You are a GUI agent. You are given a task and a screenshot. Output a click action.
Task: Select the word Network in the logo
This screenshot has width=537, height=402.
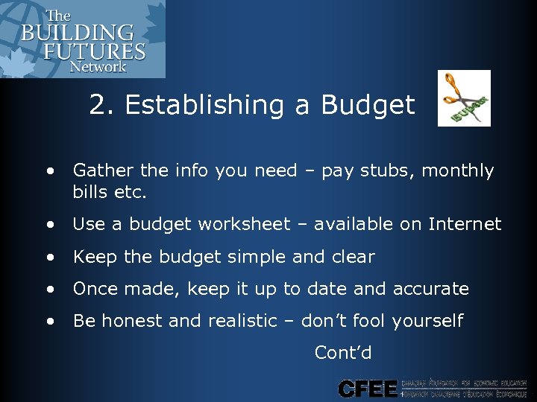[98, 66]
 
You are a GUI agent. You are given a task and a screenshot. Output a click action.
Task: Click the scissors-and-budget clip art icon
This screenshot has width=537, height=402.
[463, 98]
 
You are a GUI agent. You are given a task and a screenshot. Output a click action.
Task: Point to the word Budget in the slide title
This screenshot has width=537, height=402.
[368, 106]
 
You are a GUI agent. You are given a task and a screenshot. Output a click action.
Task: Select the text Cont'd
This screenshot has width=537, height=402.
[343, 353]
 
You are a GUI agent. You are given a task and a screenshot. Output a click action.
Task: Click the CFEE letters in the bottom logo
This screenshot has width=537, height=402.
[367, 389]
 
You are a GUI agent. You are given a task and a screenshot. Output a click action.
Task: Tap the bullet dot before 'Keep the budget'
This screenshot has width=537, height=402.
[49, 258]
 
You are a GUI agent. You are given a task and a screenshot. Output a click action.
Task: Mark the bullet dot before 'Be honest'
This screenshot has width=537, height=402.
[49, 322]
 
